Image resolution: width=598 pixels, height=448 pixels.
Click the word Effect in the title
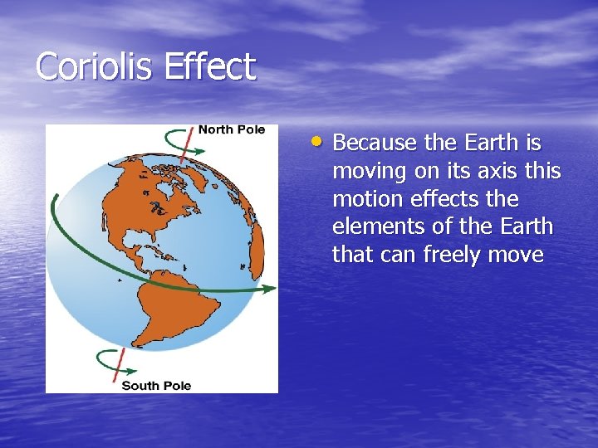pyautogui.click(x=210, y=66)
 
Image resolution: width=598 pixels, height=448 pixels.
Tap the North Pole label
pyautogui.click(x=231, y=130)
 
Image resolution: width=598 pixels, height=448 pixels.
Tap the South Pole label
pyautogui.click(x=156, y=385)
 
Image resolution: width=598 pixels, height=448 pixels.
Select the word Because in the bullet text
pyautogui.click(x=375, y=143)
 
